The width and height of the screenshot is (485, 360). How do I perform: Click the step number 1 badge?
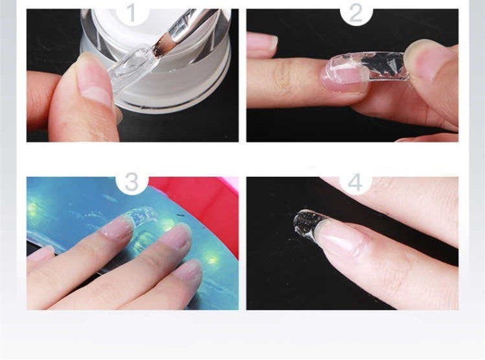coord(132,12)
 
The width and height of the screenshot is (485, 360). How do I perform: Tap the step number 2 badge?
coord(355,12)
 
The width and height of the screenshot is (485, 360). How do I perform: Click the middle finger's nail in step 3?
coord(175,236)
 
